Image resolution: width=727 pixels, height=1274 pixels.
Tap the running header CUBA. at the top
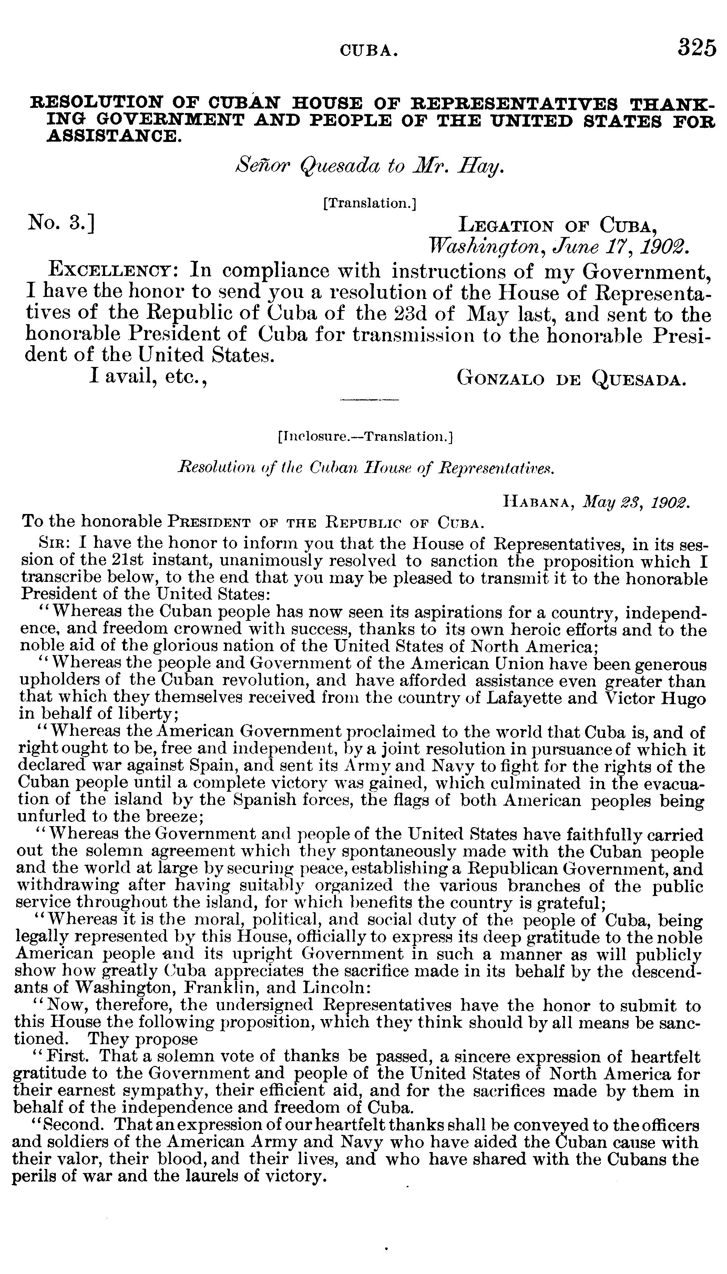pyautogui.click(x=369, y=50)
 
